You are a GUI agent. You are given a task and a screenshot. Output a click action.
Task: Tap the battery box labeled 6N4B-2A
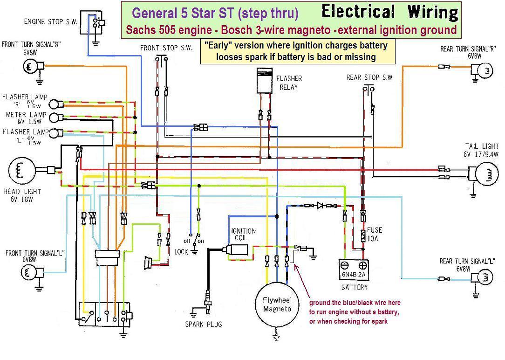(354, 270)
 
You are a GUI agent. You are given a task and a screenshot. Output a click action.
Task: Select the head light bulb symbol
(21, 171)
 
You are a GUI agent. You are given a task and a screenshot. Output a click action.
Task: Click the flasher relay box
(265, 81)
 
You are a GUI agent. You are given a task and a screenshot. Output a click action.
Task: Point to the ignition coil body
(237, 250)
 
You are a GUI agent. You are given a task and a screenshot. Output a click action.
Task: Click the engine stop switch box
(91, 22)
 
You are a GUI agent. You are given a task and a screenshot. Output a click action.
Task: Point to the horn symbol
(149, 263)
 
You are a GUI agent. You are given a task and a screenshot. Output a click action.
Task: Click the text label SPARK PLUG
(204, 324)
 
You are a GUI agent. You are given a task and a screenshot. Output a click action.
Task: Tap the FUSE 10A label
(374, 234)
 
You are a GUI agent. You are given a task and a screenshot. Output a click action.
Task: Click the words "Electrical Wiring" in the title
(390, 12)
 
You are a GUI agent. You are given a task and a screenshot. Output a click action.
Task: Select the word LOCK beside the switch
(181, 252)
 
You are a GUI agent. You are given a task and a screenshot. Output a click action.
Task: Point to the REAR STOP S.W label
(369, 77)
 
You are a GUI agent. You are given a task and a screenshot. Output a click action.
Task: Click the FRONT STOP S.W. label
(166, 48)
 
